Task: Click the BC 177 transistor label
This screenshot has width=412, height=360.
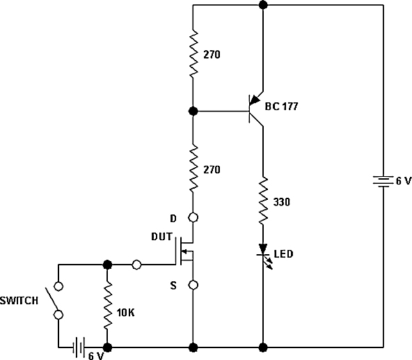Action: pyautogui.click(x=281, y=107)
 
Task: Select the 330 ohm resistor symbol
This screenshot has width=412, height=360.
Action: pyautogui.click(x=263, y=201)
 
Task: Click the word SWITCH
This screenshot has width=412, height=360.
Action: pyautogui.click(x=19, y=301)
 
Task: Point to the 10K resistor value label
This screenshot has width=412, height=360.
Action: pyautogui.click(x=125, y=313)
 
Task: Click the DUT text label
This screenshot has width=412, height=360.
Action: pyautogui.click(x=161, y=237)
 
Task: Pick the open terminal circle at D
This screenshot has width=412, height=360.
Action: pyautogui.click(x=193, y=217)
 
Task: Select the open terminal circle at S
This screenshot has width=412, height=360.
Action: pyautogui.click(x=193, y=285)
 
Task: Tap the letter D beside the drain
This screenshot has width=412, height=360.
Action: pyautogui.click(x=173, y=218)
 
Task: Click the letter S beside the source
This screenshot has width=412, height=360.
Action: pyautogui.click(x=173, y=285)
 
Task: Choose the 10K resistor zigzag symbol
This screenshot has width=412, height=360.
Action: pyautogui.click(x=107, y=305)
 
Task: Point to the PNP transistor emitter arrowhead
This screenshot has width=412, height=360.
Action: pyautogui.click(x=254, y=100)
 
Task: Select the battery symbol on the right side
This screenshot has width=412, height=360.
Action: pyautogui.click(x=383, y=182)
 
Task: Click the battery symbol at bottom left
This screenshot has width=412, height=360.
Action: pyautogui.click(x=79, y=347)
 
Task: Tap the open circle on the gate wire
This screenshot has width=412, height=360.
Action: pyautogui.click(x=136, y=265)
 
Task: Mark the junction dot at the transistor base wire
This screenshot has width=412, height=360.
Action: pyautogui.click(x=193, y=111)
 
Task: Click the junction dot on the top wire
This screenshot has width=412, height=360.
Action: pyautogui.click(x=263, y=5)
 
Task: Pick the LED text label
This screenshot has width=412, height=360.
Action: pyautogui.click(x=283, y=254)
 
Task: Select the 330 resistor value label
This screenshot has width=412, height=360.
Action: pyautogui.click(x=282, y=202)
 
